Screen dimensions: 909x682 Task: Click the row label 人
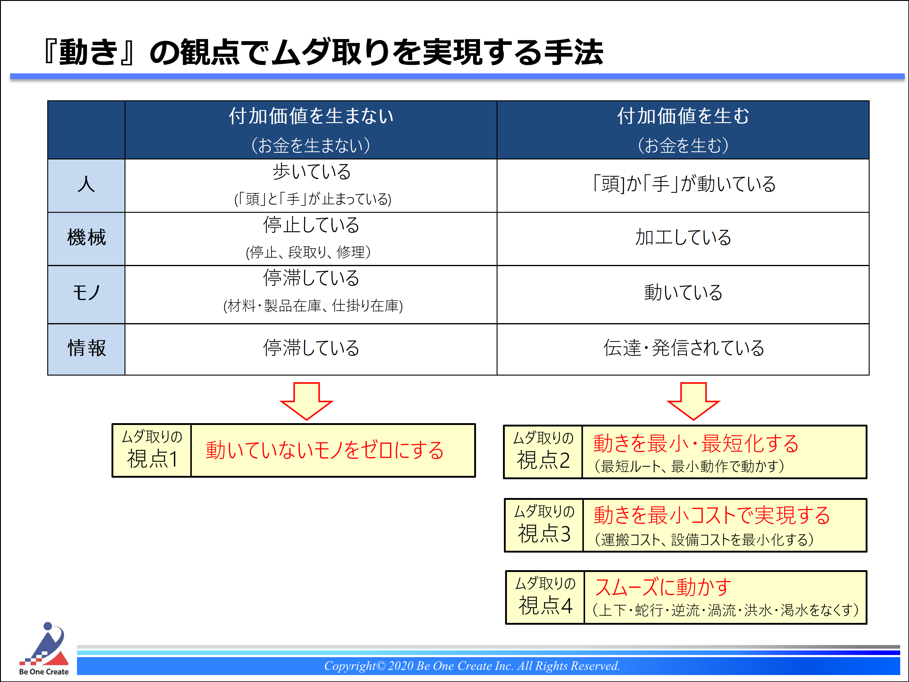[x=86, y=184]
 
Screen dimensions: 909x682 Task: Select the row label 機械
[x=86, y=238]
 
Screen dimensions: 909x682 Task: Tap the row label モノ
[x=86, y=293]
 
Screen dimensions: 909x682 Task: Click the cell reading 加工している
[x=683, y=238]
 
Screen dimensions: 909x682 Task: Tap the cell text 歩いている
[x=311, y=172]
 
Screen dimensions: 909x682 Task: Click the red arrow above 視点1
[x=307, y=401]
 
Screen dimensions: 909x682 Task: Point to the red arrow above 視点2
[x=693, y=401]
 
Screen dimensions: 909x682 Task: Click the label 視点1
[x=152, y=459]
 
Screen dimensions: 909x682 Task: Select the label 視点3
[x=544, y=533]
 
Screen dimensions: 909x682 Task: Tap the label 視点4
[x=545, y=606]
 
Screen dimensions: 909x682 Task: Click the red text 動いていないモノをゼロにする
[x=325, y=450]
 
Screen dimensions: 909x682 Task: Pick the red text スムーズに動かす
[x=663, y=587]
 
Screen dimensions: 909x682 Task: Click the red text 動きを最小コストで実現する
[x=712, y=515]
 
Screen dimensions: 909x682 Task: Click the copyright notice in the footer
[x=472, y=666]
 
